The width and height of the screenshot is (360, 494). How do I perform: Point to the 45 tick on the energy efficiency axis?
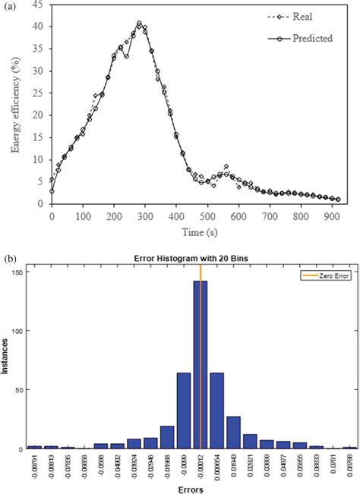click(x=37, y=5)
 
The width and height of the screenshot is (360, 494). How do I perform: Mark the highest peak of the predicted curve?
click(x=139, y=23)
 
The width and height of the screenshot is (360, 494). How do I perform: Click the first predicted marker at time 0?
click(x=52, y=190)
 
